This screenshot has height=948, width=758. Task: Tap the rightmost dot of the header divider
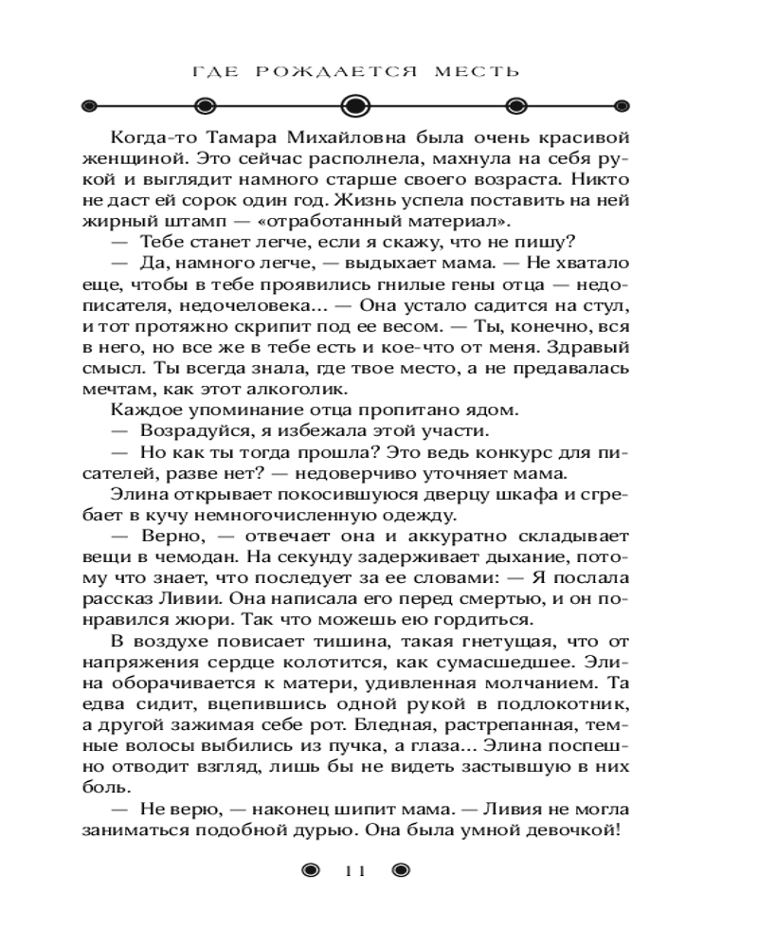coord(622,105)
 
